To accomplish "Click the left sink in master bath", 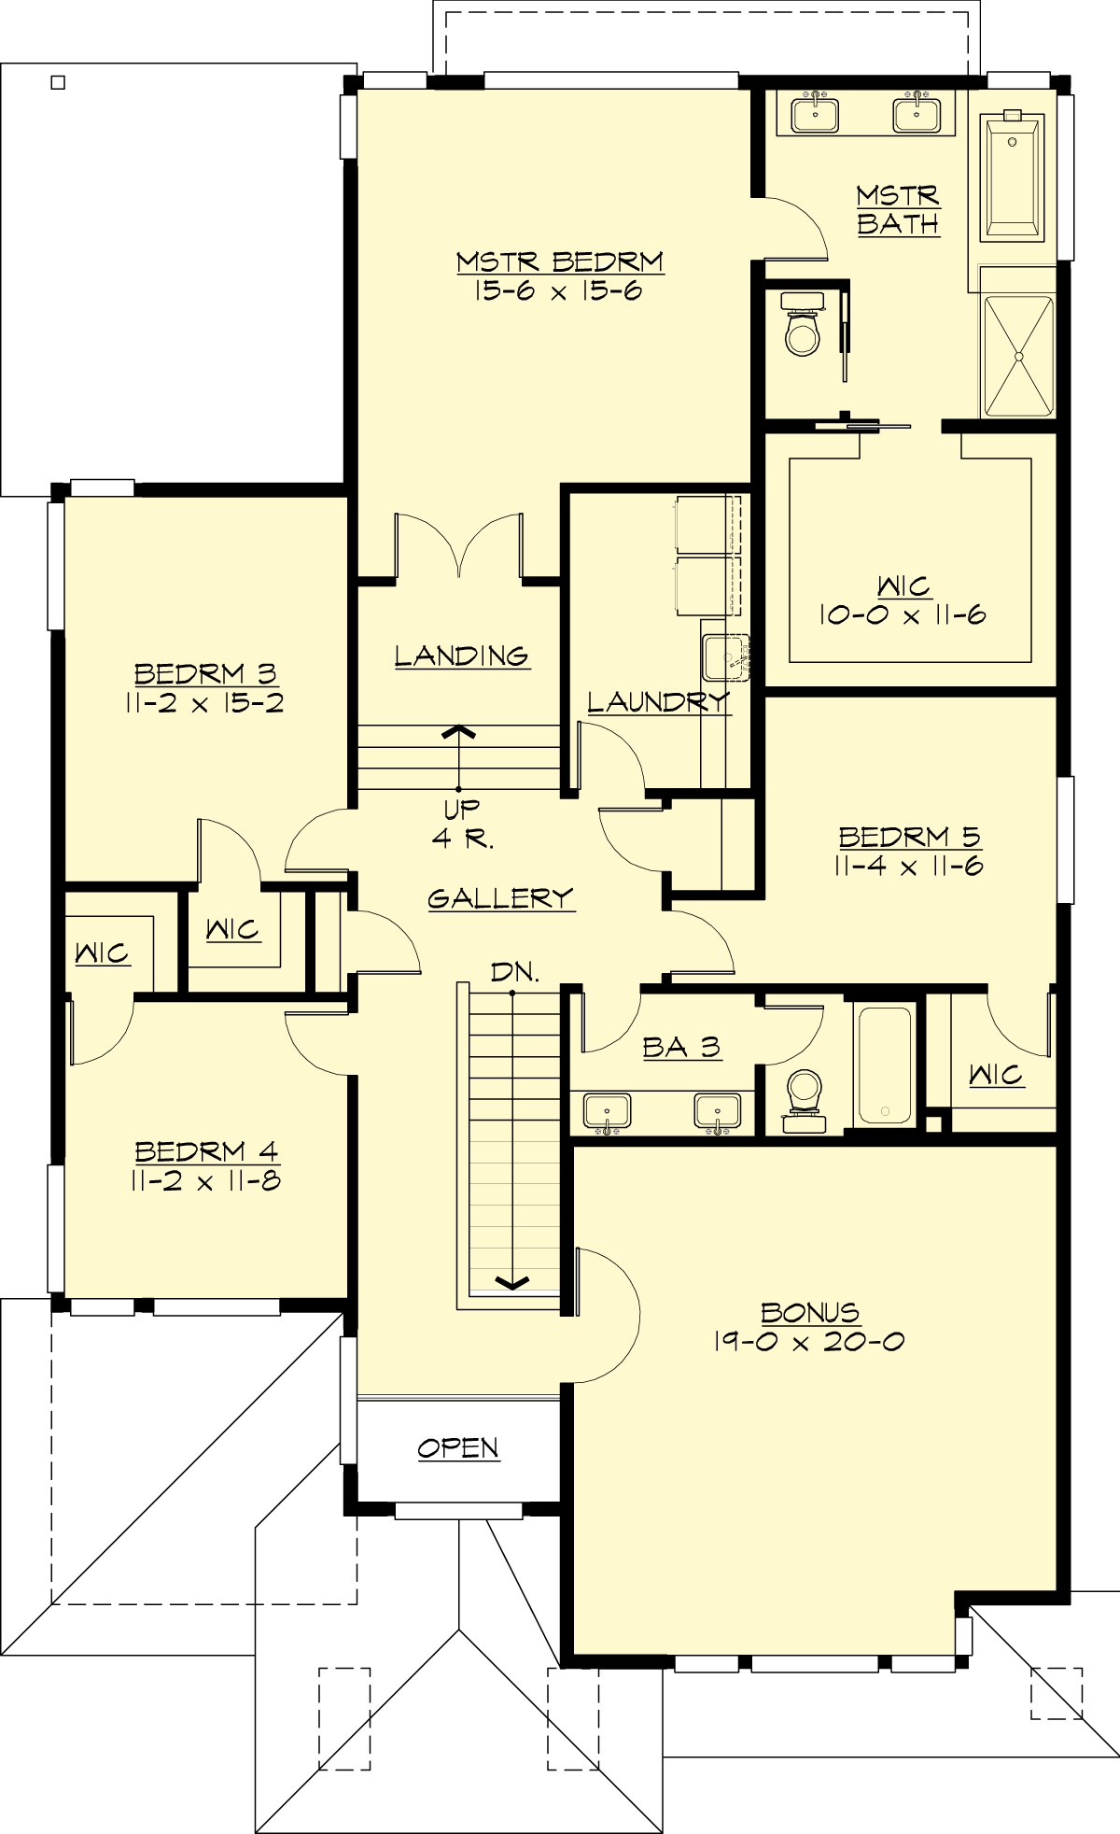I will (815, 115).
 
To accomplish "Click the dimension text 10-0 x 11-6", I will (903, 615).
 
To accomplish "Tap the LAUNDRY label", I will (657, 701).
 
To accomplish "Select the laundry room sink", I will (724, 656).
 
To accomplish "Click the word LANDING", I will (461, 655).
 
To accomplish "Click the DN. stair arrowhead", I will (511, 1282).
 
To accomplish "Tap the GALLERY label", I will (500, 897).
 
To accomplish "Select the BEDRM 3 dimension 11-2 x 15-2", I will (204, 703).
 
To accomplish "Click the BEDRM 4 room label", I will (205, 1151).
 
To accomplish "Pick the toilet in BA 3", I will (804, 1098).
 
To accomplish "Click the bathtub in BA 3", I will (884, 1064).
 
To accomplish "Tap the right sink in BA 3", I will (717, 1111).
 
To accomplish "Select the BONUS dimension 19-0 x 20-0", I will (808, 1342).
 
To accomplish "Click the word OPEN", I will (457, 1447).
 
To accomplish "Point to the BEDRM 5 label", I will (909, 836).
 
